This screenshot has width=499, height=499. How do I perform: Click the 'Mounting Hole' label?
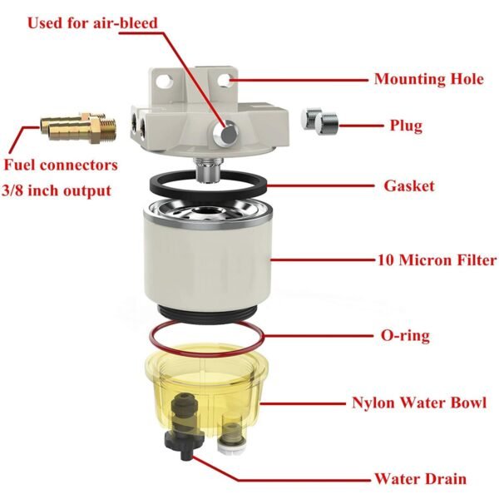tap(429, 80)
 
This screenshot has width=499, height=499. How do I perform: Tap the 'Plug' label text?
tap(406, 126)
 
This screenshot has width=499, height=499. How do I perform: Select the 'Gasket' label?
tap(408, 185)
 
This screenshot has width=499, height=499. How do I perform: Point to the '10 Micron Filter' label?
tap(435, 260)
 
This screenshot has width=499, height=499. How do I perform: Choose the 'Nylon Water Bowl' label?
tap(418, 404)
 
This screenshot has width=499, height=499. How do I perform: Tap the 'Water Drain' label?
tap(419, 478)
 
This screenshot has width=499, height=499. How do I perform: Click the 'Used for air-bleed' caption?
tap(92, 22)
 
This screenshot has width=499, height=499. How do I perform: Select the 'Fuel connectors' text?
tap(61, 165)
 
